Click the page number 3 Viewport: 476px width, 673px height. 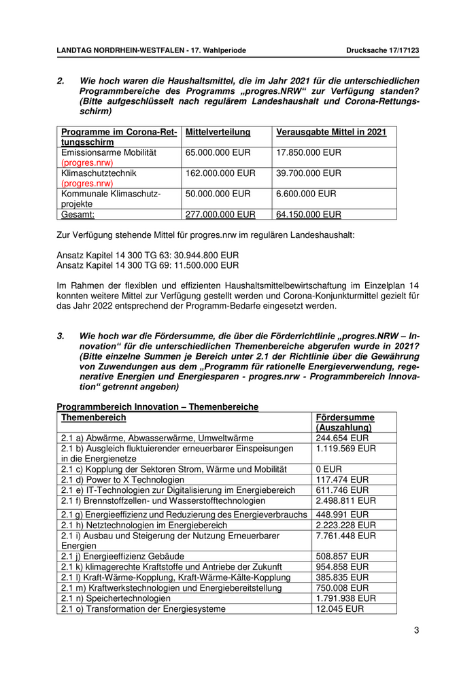[416, 630]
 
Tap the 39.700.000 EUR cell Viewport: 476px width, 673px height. [309, 173]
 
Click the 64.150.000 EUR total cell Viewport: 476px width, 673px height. [309, 214]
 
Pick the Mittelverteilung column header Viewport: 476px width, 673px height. [218, 133]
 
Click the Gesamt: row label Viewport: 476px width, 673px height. [78, 214]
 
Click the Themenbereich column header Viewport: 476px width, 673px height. [93, 417]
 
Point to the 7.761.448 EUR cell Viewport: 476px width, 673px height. [345, 536]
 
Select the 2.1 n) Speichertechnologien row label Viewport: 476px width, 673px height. [116, 598]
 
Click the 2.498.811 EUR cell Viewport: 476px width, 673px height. [345, 500]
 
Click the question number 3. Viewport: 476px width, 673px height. [61, 336]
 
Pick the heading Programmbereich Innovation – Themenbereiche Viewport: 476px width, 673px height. [158, 407]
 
